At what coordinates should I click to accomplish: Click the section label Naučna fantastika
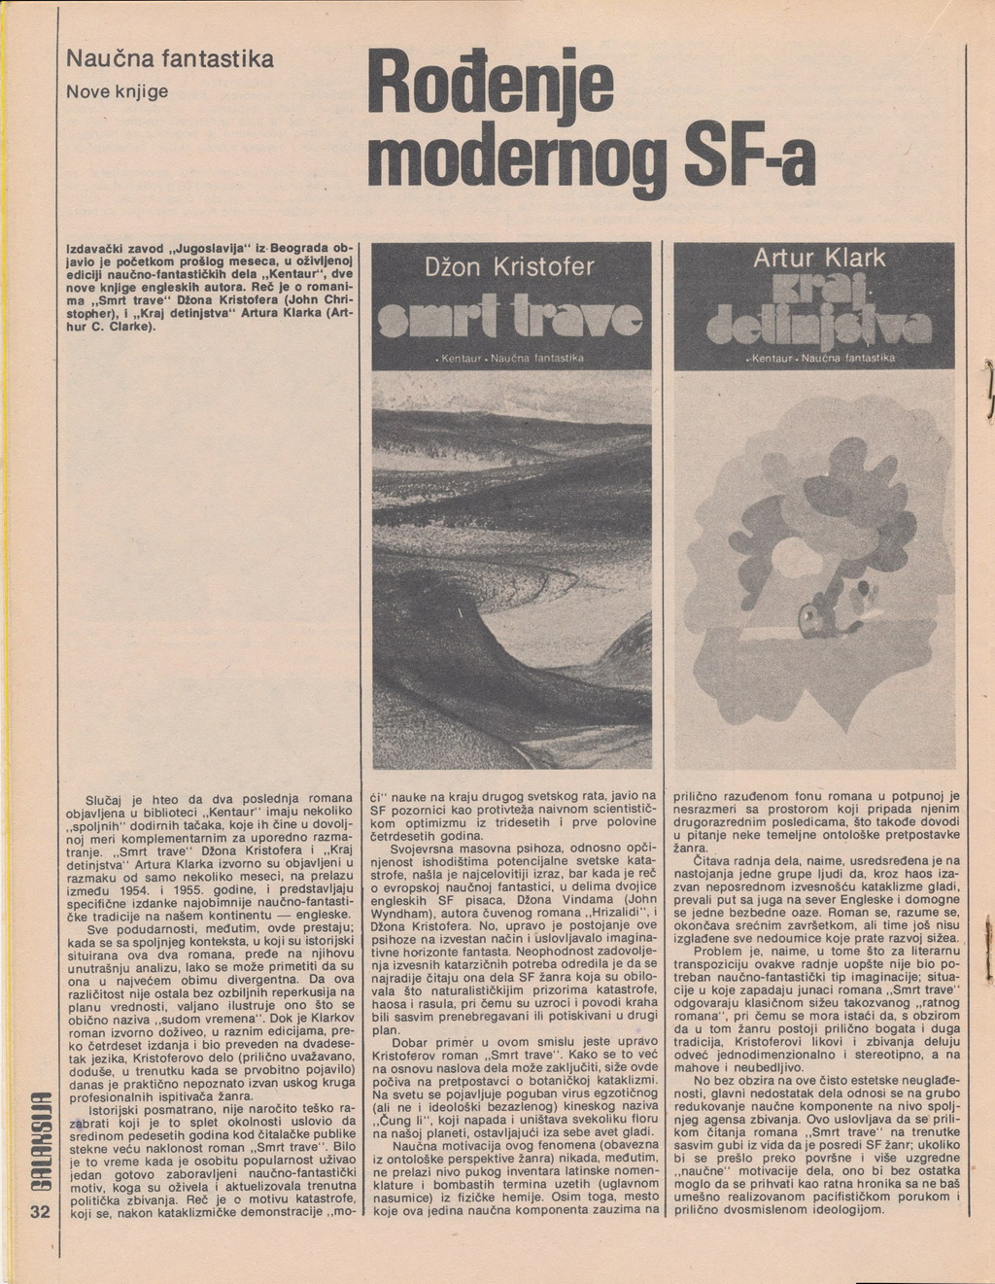point(169,59)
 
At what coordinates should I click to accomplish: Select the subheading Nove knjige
point(118,91)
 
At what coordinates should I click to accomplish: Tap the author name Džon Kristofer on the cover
point(511,267)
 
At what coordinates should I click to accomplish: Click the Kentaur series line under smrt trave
point(511,359)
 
